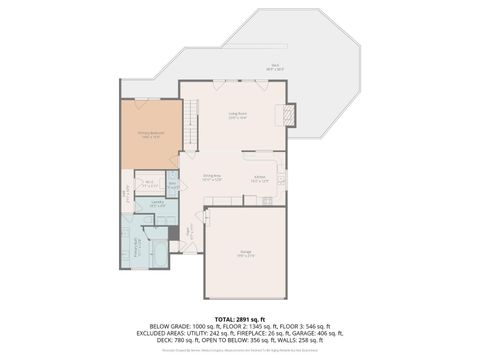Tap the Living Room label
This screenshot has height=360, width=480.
click(237, 116)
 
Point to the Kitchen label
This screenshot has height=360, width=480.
click(259, 178)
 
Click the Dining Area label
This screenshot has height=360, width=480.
click(212, 178)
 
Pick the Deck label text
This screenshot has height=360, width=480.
click(276, 67)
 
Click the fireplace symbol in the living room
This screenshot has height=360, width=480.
click(288, 115)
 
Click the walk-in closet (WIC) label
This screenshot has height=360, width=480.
click(149, 184)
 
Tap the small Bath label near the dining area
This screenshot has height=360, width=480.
click(173, 186)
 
